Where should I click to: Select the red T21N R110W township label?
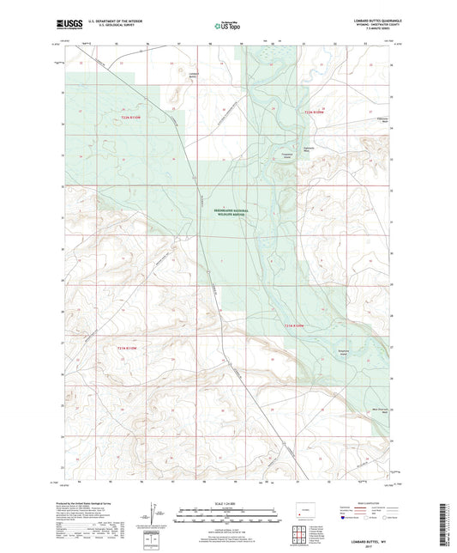[x=131, y=346]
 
